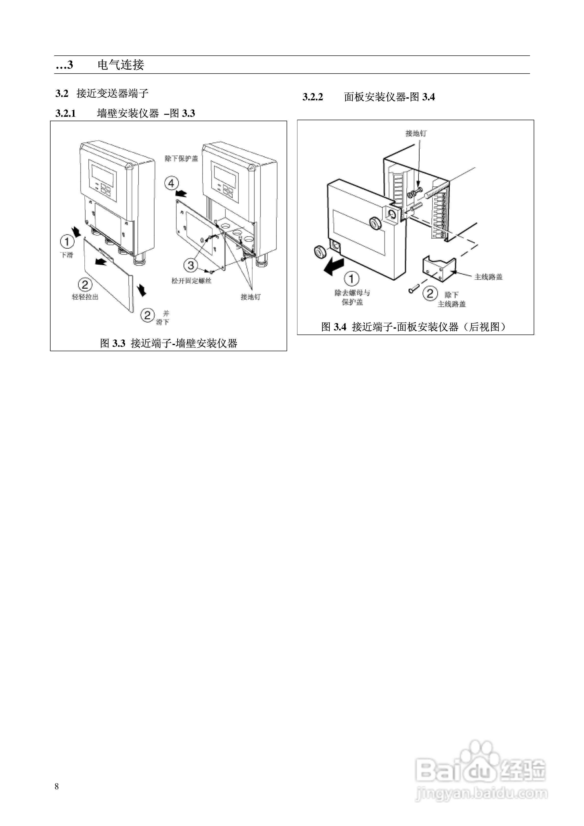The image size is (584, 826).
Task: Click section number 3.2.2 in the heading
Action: pyautogui.click(x=313, y=97)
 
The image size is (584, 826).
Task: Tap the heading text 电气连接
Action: pyautogui.click(x=121, y=65)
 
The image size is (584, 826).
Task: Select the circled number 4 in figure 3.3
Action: pyautogui.click(x=171, y=183)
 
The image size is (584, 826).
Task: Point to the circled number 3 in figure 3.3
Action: pyautogui.click(x=191, y=266)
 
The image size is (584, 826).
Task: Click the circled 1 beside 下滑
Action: pyautogui.click(x=67, y=241)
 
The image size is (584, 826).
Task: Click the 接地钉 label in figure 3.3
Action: pyautogui.click(x=251, y=297)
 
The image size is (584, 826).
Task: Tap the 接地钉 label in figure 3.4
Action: pyautogui.click(x=416, y=133)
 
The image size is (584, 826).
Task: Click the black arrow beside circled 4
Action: pyautogui.click(x=182, y=194)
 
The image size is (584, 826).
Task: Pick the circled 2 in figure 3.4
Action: pyautogui.click(x=430, y=293)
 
